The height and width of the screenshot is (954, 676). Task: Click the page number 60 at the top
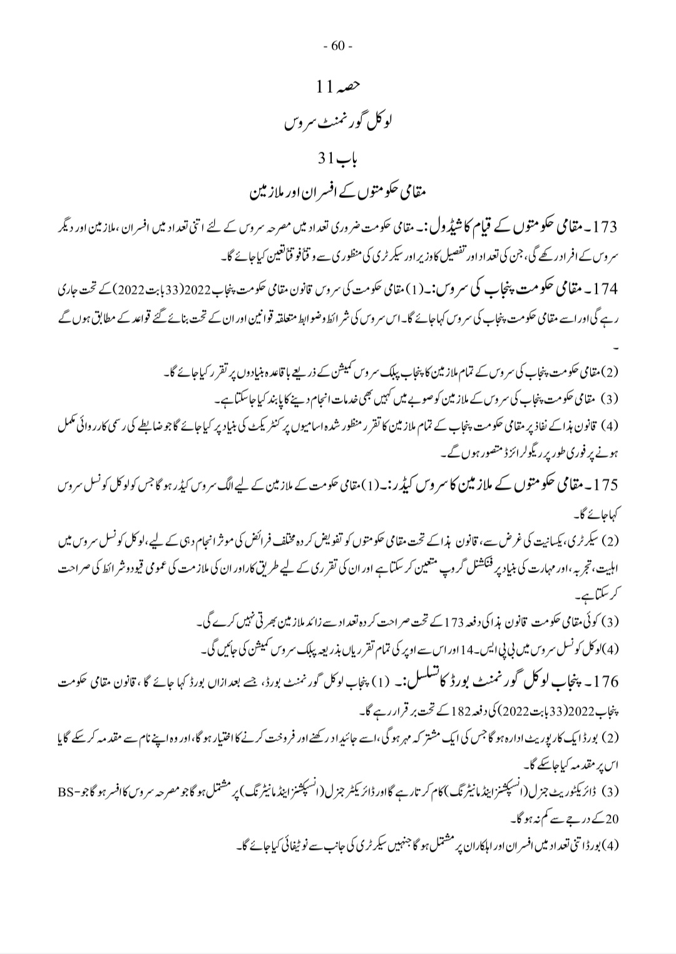[x=338, y=46]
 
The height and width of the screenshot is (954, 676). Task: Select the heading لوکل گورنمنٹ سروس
[x=338, y=122]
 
